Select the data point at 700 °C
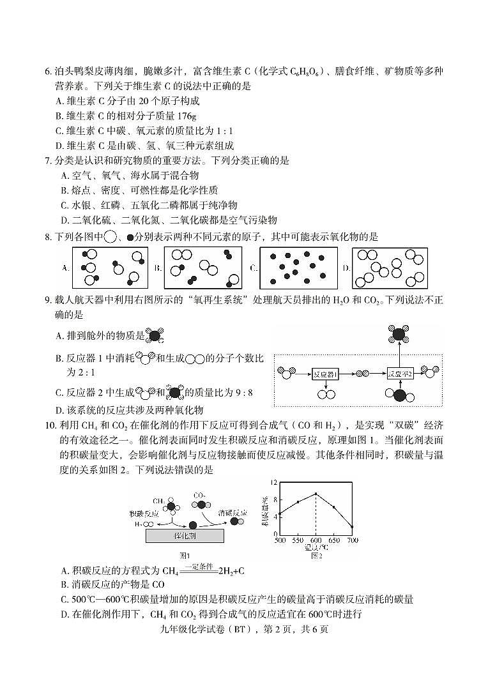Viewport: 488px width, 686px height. click(x=352, y=526)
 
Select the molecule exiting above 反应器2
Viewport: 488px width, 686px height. click(x=400, y=333)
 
